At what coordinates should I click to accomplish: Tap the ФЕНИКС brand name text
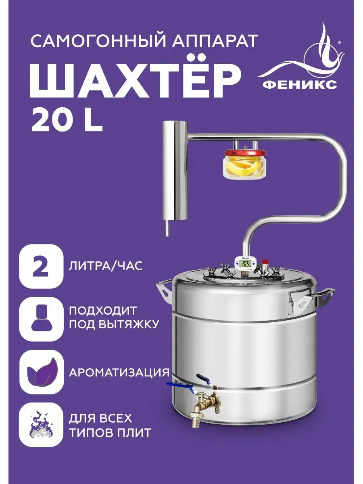coord(300,85)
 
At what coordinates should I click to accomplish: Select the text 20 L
coord(67,121)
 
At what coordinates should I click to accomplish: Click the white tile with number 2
coord(41,266)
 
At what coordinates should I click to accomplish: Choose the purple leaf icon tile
coord(41,372)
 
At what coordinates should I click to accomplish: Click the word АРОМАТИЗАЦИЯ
coord(119,372)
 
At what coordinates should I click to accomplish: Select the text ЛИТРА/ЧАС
coord(106,266)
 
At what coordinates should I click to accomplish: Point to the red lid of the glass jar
coord(245,153)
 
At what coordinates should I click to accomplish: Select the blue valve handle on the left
coord(180,386)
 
